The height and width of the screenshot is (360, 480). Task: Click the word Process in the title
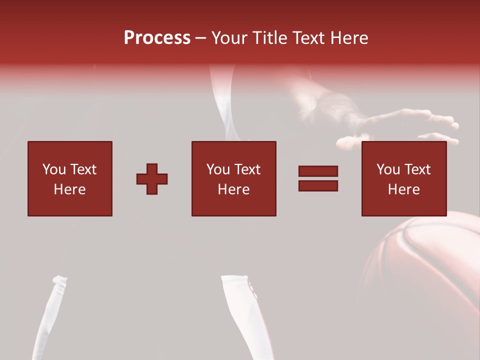(157, 38)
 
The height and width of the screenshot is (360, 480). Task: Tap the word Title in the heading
(270, 38)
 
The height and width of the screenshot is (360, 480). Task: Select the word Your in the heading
(230, 38)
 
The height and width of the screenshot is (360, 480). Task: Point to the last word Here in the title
(350, 38)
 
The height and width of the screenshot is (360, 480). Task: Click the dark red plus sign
(152, 179)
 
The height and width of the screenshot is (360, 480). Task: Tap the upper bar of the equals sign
(318, 171)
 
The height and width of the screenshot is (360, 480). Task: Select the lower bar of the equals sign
(318, 185)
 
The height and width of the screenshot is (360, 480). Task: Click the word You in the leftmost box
(53, 169)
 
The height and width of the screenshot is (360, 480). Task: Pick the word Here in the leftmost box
(69, 189)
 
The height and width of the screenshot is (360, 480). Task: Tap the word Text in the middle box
(247, 169)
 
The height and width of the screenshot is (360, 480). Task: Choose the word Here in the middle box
(233, 189)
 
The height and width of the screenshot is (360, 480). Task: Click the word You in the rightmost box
(387, 169)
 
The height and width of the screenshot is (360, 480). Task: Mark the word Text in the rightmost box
(417, 169)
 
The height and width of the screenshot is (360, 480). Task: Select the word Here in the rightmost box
(403, 189)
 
